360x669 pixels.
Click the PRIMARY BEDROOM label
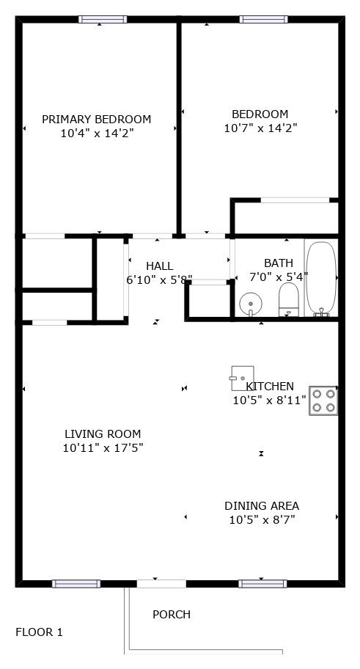[x=96, y=120]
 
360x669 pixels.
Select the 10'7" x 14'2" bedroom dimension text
[x=260, y=128]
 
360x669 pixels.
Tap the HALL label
[x=160, y=266]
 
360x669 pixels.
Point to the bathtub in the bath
[x=321, y=279]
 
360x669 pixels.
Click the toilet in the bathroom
[x=289, y=299]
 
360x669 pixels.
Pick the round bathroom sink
[x=251, y=304]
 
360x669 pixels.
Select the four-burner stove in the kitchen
[x=323, y=401]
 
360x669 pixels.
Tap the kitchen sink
[x=242, y=378]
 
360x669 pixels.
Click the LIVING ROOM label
[x=103, y=434]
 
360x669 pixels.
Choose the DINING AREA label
[x=262, y=506]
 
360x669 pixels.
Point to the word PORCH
[x=172, y=615]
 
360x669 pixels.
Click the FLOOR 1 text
[x=40, y=632]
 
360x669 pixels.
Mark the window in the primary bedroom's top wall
[x=103, y=19]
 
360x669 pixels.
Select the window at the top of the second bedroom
[x=264, y=19]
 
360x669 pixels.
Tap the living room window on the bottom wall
[x=76, y=584]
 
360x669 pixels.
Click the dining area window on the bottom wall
[x=262, y=584]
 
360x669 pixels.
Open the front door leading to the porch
[x=161, y=584]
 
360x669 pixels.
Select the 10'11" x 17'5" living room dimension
[x=103, y=448]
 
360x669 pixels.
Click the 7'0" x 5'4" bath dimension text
[x=279, y=277]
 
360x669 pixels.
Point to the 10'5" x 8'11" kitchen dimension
[x=270, y=401]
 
